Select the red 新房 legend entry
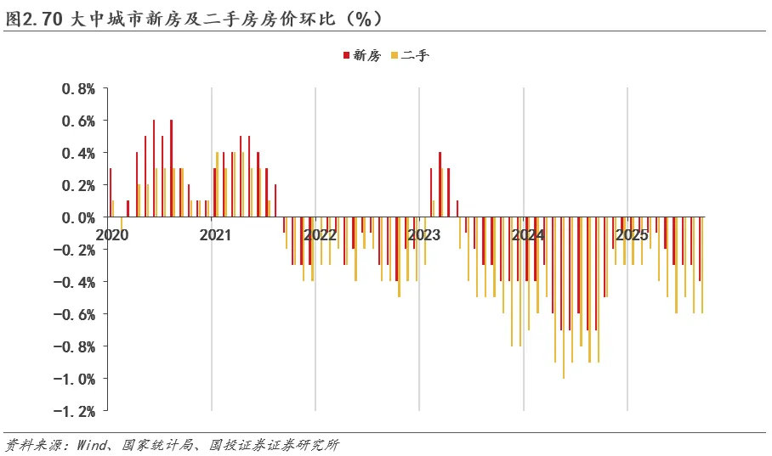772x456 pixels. pos(361,56)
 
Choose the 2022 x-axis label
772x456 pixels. pos(320,234)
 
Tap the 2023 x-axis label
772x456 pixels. pos(423,234)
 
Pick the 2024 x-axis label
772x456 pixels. pos(527,234)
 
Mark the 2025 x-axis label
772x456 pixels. pos(632,234)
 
